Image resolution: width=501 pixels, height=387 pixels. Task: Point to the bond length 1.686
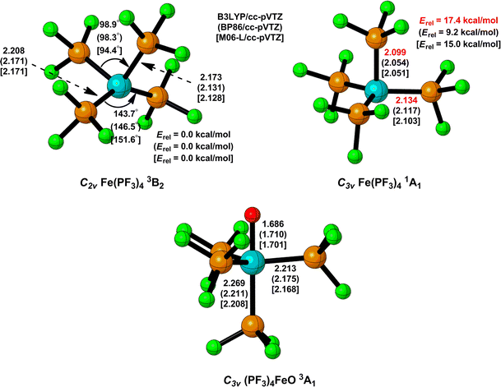tap(278, 223)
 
